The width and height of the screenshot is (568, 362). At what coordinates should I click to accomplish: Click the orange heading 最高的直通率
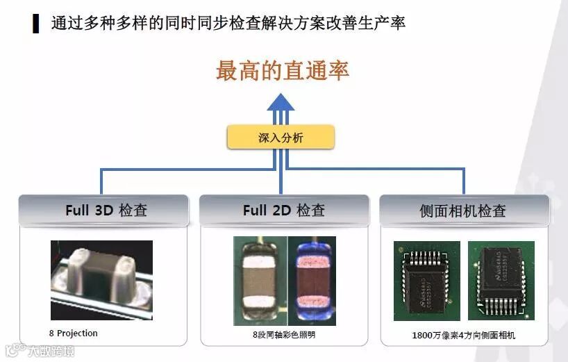click(x=282, y=71)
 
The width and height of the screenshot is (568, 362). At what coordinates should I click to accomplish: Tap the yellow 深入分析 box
click(x=281, y=138)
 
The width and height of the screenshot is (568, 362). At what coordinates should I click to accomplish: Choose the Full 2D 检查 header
click(x=283, y=211)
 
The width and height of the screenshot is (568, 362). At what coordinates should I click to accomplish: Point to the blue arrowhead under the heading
click(x=281, y=102)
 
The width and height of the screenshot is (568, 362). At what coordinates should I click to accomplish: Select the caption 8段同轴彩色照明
click(x=284, y=335)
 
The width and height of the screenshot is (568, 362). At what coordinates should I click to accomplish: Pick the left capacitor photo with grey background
click(x=260, y=281)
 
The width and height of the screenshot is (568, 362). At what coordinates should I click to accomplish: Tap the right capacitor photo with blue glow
click(x=311, y=281)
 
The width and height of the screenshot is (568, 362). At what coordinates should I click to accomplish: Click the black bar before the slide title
click(x=35, y=23)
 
